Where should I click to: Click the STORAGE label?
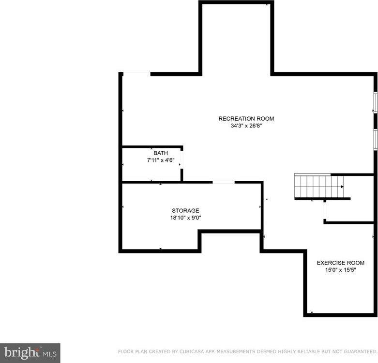pos(185,211)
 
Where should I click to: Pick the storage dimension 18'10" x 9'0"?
pos(185,218)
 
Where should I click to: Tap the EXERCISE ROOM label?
pos(340,263)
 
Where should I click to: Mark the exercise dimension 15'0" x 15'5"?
pos(340,270)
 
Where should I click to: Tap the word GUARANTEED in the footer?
pos(359,351)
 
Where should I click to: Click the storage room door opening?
pos(224,182)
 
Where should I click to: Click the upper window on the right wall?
pos(375,103)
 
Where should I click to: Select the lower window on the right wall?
pos(375,139)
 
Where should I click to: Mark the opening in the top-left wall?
pos(136,74)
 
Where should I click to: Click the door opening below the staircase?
pos(325,211)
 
